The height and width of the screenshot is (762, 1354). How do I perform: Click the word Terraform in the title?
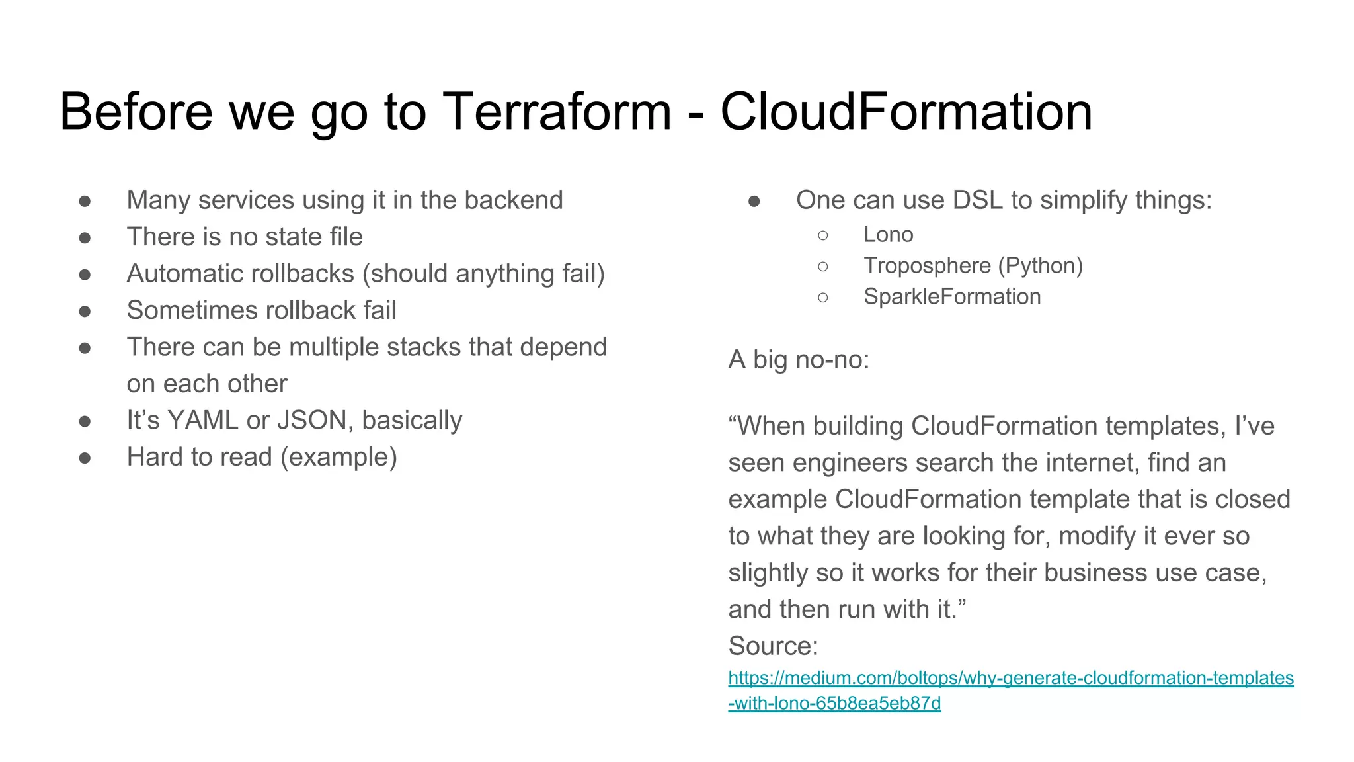pos(557,112)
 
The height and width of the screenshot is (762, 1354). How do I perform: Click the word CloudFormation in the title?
pos(906,112)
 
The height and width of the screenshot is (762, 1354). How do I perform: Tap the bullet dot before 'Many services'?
pos(85,201)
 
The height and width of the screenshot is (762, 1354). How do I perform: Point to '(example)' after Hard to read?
pos(338,458)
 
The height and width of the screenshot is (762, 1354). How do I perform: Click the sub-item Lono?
pos(888,235)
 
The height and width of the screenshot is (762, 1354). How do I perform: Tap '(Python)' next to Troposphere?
pos(1040,266)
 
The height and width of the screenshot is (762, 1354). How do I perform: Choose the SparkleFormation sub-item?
pos(951,297)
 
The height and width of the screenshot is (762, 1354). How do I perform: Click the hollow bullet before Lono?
pos(822,235)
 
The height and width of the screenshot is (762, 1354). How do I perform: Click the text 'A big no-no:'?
pos(799,360)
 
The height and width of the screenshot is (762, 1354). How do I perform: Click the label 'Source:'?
pos(773,646)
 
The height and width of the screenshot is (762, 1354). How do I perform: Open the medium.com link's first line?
pos(1010,678)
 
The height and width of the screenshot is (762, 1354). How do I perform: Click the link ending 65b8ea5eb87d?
pos(834,703)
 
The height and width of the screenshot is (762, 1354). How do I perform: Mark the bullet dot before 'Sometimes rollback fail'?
pos(85,311)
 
